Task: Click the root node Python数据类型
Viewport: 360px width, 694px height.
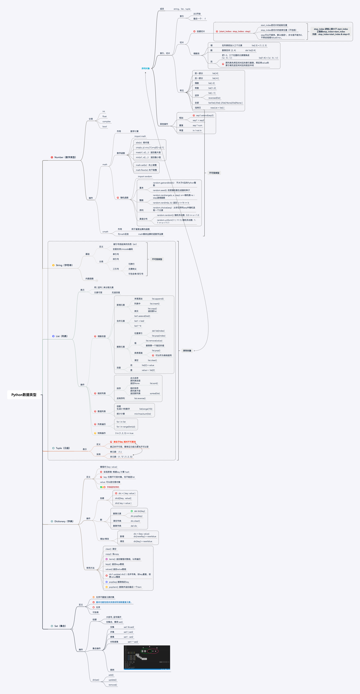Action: (24, 395)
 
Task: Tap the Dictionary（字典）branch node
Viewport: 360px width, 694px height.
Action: (64, 521)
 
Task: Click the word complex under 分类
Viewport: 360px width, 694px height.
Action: (106, 122)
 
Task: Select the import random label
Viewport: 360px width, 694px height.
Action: (145, 176)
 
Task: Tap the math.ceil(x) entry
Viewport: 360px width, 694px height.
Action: (146, 165)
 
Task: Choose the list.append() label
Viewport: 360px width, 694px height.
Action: (158, 299)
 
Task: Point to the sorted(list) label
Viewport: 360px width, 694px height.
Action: (155, 393)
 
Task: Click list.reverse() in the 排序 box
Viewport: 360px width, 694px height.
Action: (140, 398)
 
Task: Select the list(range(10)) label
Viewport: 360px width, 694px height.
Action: (146, 409)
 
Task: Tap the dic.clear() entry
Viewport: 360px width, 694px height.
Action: (135, 521)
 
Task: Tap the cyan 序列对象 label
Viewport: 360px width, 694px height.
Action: (146, 68)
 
